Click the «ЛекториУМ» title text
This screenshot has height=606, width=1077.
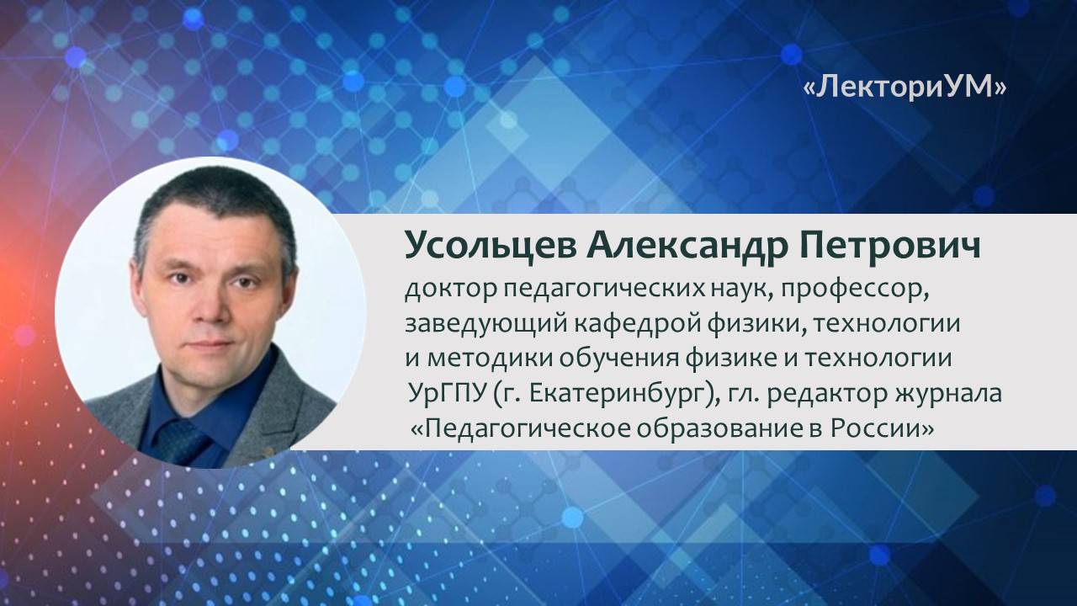(x=905, y=88)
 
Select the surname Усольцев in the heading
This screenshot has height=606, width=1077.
(x=479, y=244)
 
